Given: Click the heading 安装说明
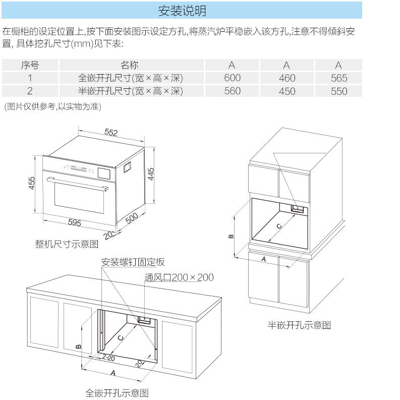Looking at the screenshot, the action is [x=182, y=10].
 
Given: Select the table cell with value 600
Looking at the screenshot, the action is [x=232, y=78].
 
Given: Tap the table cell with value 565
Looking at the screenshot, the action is [x=339, y=78].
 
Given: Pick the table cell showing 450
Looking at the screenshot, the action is [x=287, y=91].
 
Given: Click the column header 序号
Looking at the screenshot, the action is [x=30, y=65].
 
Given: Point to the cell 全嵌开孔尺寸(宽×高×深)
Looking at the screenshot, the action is [x=130, y=78].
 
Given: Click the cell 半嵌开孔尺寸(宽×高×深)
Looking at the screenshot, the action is [x=130, y=91].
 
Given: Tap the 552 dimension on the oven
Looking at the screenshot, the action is [x=111, y=133].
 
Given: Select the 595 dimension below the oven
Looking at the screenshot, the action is [x=74, y=222].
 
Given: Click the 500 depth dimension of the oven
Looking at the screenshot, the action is [x=132, y=218].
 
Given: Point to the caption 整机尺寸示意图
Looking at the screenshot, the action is [x=67, y=244].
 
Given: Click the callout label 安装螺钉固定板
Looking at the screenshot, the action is [x=133, y=262].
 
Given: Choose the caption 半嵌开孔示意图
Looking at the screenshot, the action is [x=299, y=325].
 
